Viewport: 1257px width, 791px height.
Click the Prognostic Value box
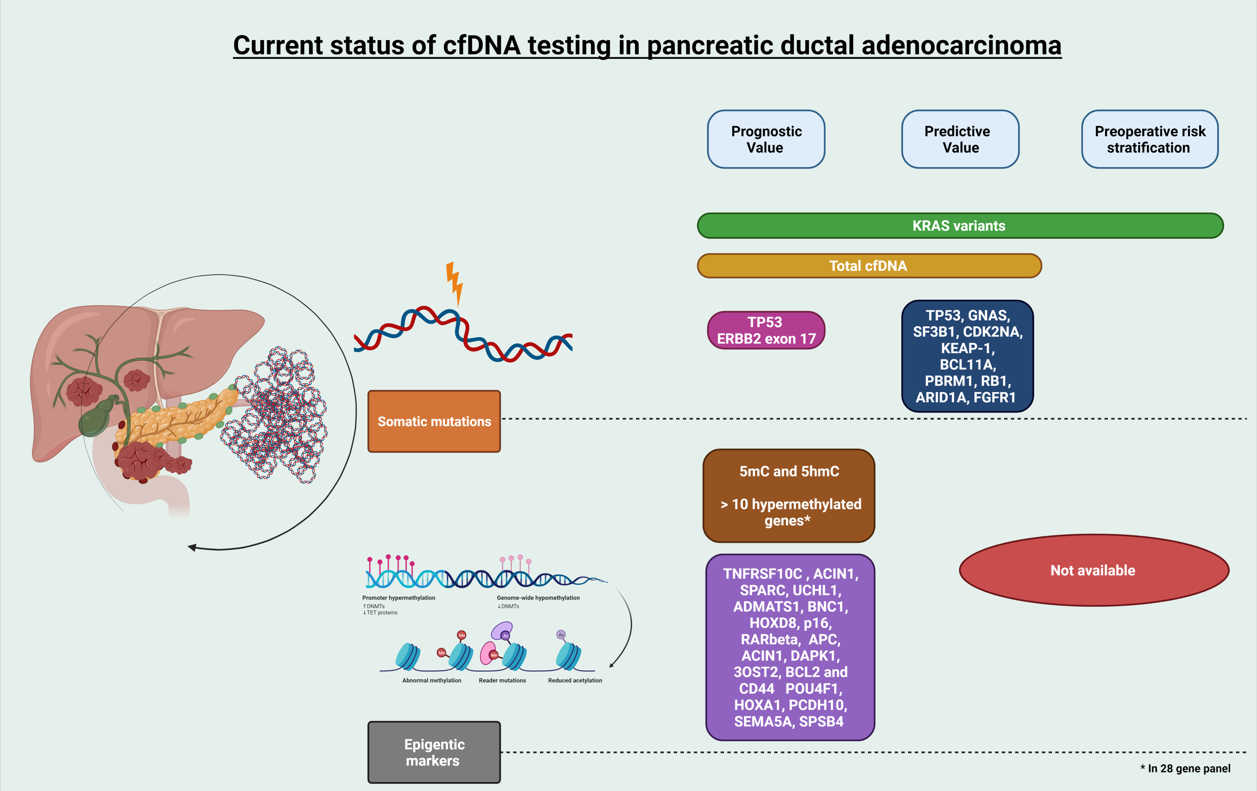pyautogui.click(x=766, y=139)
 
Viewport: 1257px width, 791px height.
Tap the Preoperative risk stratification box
pyautogui.click(x=1149, y=139)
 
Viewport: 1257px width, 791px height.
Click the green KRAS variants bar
pyautogui.click(x=959, y=225)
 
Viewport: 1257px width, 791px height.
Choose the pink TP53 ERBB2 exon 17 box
pyautogui.click(x=766, y=330)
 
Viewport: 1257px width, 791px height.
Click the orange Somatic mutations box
pyautogui.click(x=434, y=421)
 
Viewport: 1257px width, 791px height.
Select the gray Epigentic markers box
pyautogui.click(x=434, y=752)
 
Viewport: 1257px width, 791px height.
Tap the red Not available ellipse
pyautogui.click(x=1094, y=570)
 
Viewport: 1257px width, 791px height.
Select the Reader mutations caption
pyautogui.click(x=502, y=680)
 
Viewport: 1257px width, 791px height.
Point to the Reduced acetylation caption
pyautogui.click(x=575, y=680)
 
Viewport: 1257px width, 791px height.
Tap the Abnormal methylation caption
pyautogui.click(x=432, y=680)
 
